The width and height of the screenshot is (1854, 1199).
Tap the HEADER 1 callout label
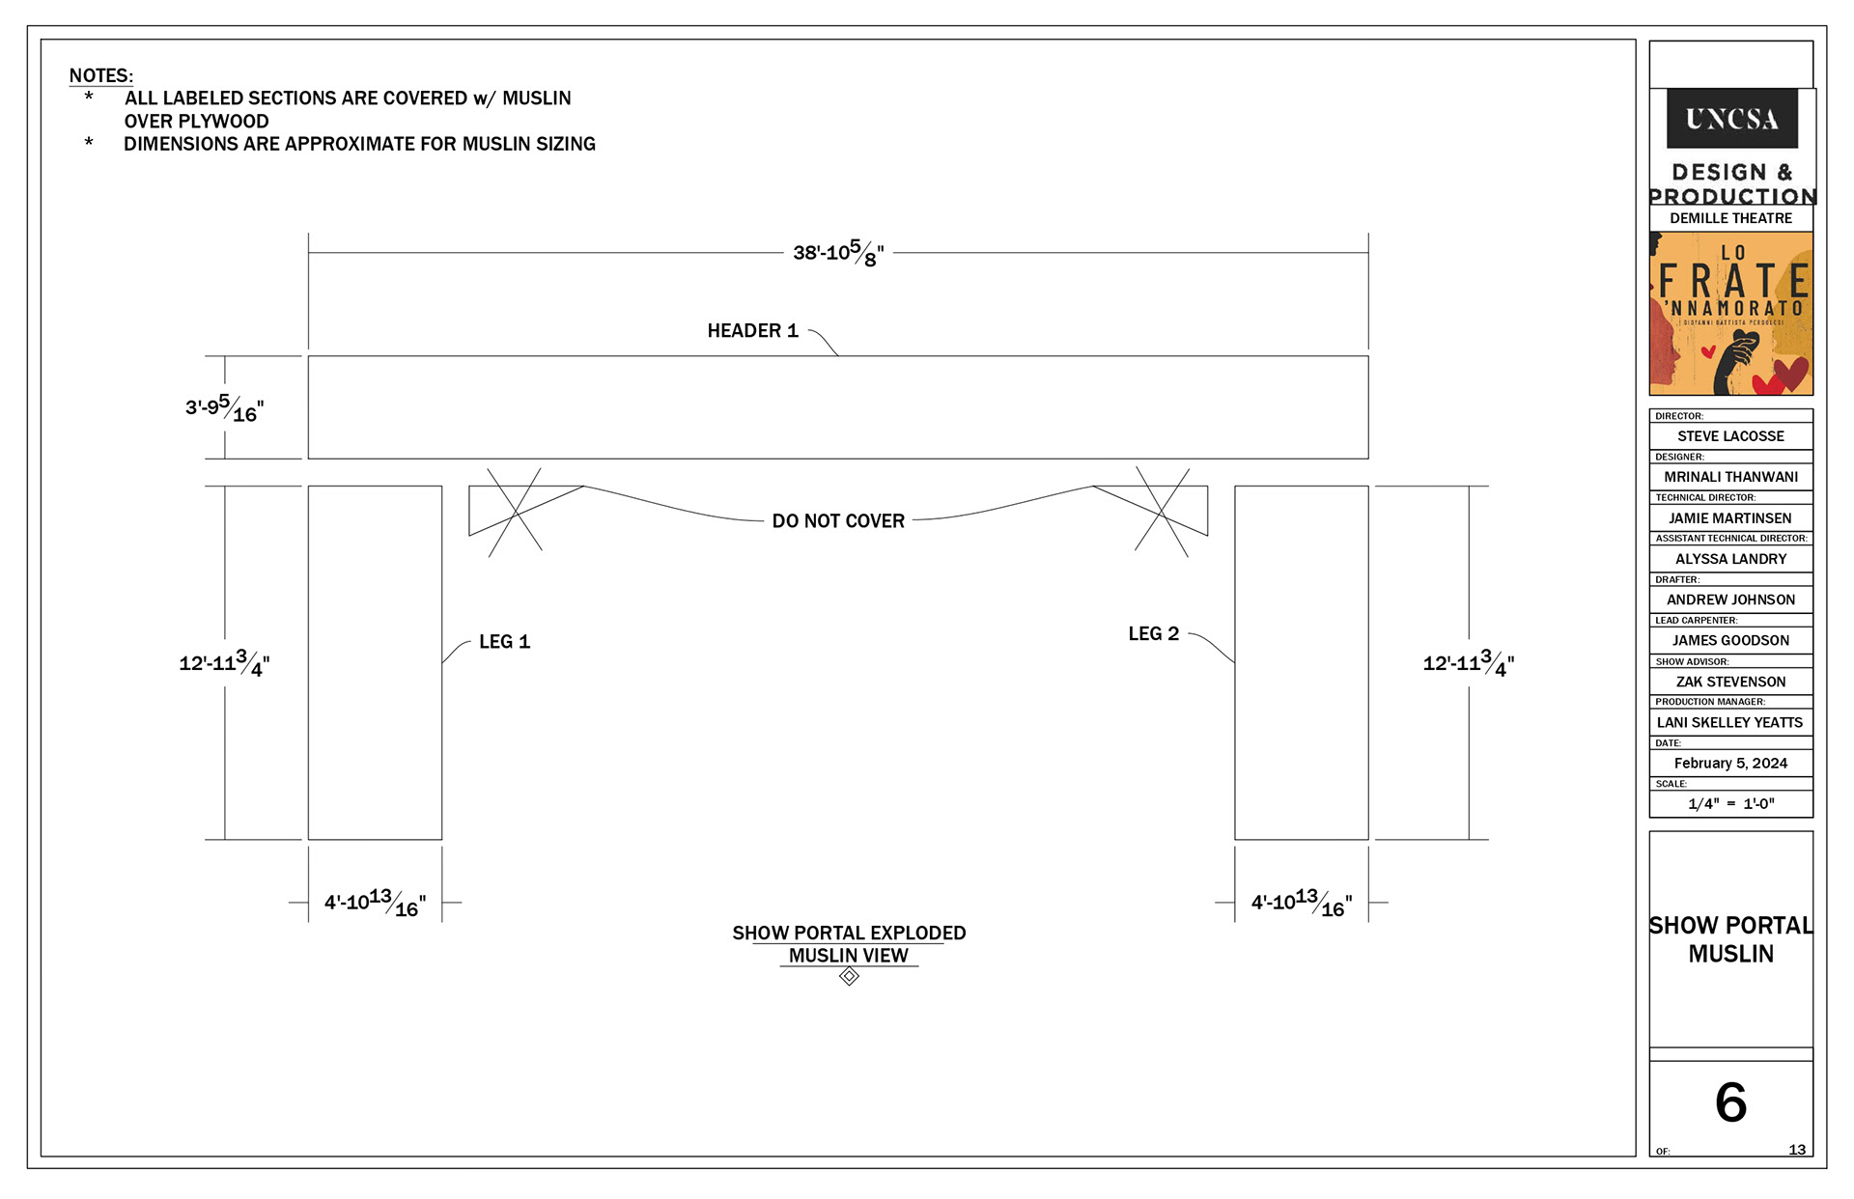click(x=752, y=331)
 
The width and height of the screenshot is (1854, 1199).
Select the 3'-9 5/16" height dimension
click(x=224, y=408)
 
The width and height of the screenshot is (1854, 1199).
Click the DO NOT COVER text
click(x=838, y=521)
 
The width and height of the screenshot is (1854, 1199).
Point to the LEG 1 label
click(x=504, y=642)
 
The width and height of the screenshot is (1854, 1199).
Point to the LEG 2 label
click(x=1153, y=634)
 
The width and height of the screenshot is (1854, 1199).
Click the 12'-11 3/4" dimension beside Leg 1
click(x=224, y=663)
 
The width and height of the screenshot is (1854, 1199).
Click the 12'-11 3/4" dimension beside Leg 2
click(x=1468, y=663)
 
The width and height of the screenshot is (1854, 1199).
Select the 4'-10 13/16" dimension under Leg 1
click(x=375, y=903)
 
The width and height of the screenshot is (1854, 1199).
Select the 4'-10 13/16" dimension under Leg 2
click(x=1302, y=903)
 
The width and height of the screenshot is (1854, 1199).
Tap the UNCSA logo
click(x=1731, y=119)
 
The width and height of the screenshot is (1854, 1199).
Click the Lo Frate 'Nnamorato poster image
click(x=1731, y=314)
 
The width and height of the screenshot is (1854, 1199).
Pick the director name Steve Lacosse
click(x=1730, y=436)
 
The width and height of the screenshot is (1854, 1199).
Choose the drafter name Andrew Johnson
click(x=1730, y=599)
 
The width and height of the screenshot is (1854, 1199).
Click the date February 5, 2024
click(x=1730, y=764)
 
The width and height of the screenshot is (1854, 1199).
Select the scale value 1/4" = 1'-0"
click(x=1730, y=804)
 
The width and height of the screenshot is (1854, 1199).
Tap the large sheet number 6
click(x=1730, y=1102)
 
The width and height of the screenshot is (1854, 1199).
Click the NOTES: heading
click(x=101, y=76)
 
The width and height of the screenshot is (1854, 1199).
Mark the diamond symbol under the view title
click(x=849, y=977)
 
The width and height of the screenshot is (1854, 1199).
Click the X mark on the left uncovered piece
click(x=515, y=512)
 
